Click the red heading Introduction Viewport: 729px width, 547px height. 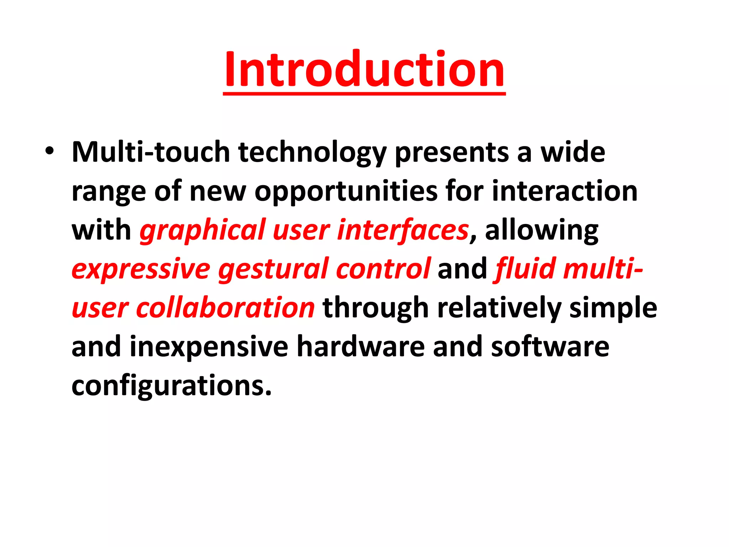(364, 69)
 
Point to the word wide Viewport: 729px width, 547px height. (573, 152)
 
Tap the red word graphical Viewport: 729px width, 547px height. (202, 231)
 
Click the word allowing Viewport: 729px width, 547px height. (541, 231)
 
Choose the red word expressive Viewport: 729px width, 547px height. (141, 270)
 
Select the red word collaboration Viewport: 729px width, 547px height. (225, 308)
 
